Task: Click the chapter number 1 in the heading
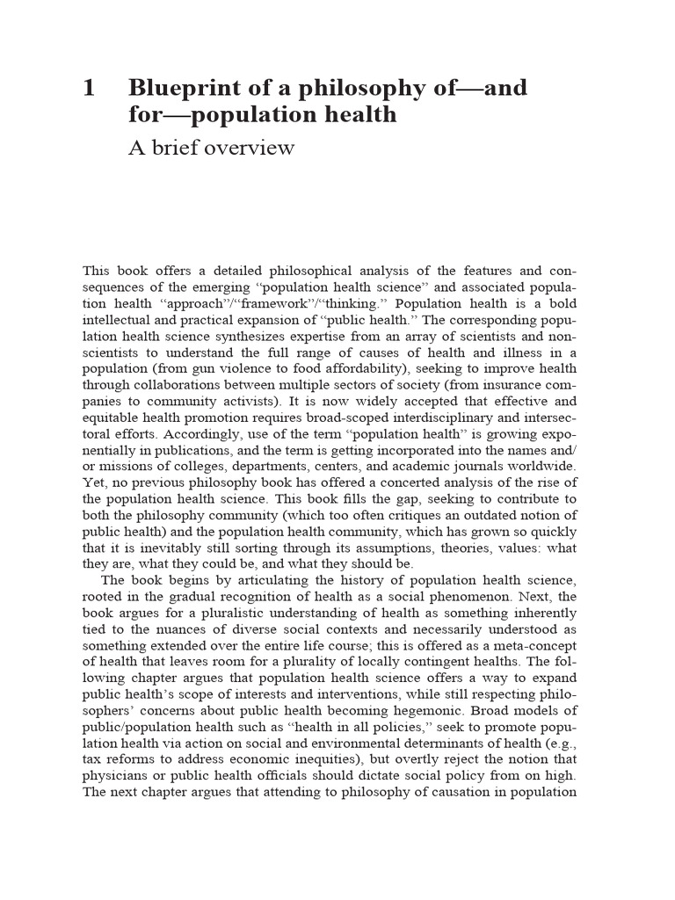click(x=88, y=88)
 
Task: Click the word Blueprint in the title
click(x=182, y=88)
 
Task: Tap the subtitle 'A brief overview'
click(x=211, y=148)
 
